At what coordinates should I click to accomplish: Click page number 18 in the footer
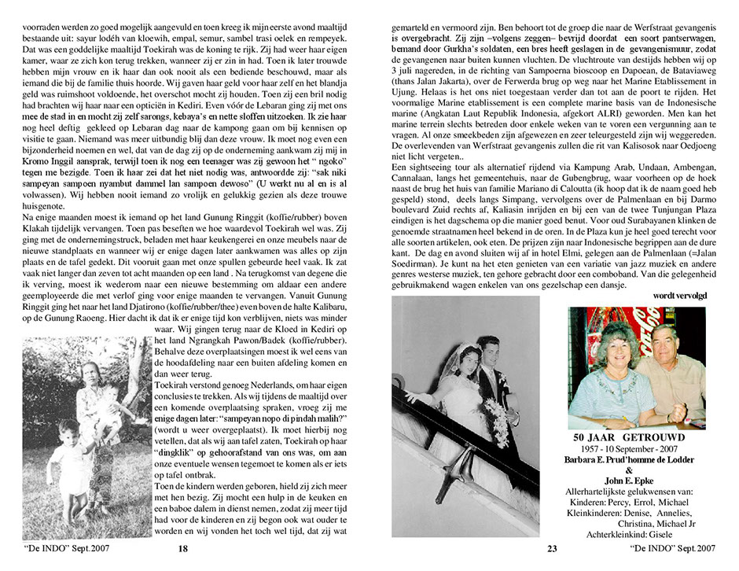182,549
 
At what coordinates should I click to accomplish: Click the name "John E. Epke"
639,481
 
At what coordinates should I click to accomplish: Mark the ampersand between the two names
638,470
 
